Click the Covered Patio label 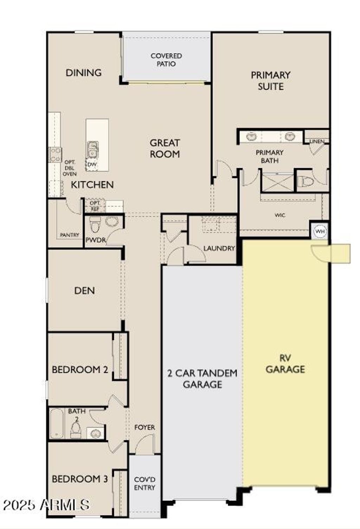(166, 60)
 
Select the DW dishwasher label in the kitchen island (92, 164)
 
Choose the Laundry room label (219, 248)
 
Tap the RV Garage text (285, 364)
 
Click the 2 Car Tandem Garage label (202, 379)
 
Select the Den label (84, 290)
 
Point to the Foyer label (144, 427)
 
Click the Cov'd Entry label (144, 484)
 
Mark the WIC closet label (280, 215)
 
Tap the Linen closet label (316, 141)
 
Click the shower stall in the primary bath (277, 183)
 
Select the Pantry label (70, 235)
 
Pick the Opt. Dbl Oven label (70, 168)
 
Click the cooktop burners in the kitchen (55, 155)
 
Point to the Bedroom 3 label (80, 479)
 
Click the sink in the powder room (112, 222)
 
